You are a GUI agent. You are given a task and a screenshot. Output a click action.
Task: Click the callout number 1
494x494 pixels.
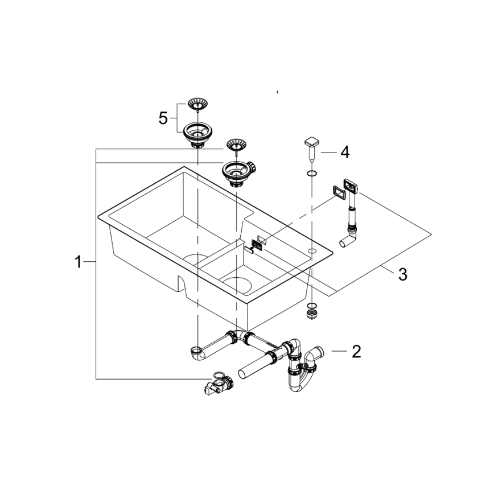(79, 262)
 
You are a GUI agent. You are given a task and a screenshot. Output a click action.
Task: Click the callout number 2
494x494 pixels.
(356, 351)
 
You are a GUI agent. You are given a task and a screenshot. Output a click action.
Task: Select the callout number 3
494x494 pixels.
(402, 274)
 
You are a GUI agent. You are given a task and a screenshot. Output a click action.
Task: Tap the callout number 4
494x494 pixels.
(345, 152)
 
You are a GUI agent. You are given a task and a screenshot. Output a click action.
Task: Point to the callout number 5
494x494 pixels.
(163, 118)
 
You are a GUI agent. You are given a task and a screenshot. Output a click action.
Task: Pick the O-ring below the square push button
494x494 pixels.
(311, 172)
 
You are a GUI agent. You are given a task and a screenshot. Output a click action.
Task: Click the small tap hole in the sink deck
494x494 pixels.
(312, 250)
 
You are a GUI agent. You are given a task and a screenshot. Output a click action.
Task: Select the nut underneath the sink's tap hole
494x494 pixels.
(311, 312)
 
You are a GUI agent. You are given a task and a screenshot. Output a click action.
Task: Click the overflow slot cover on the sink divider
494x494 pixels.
(257, 244)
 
